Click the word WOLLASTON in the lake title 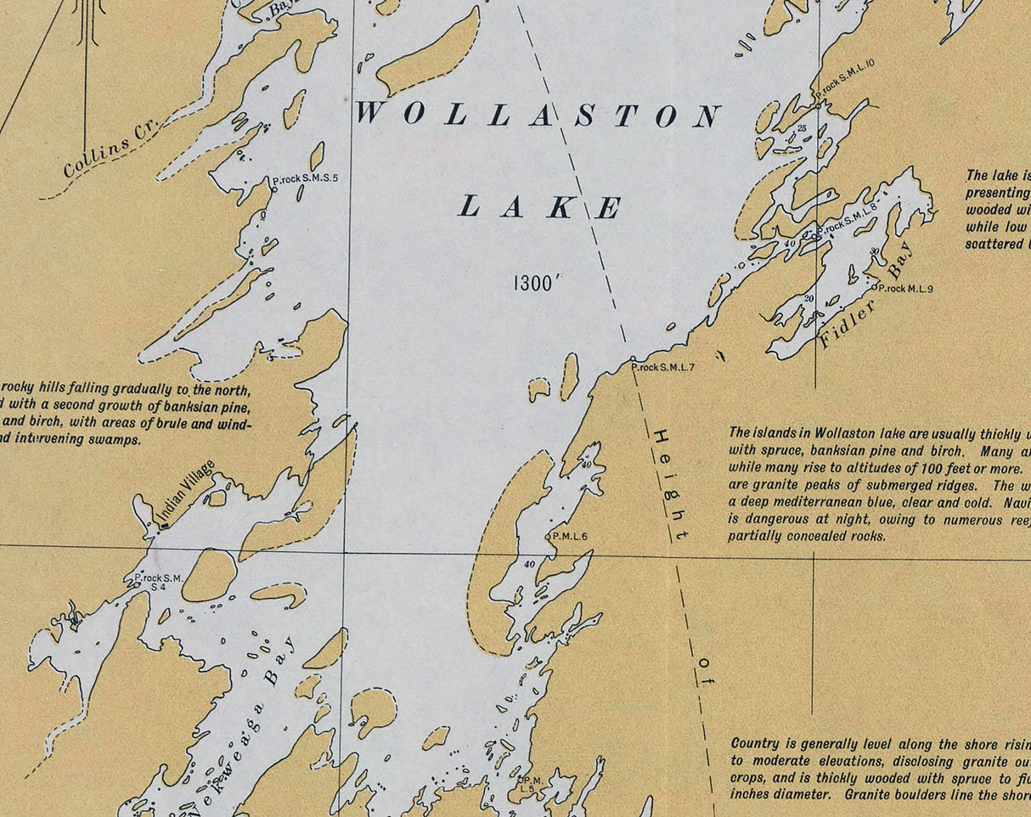pos(538,115)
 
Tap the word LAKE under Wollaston pos(540,206)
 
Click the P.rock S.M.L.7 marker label pos(664,368)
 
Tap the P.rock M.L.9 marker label pos(905,289)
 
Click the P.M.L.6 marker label pos(570,536)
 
